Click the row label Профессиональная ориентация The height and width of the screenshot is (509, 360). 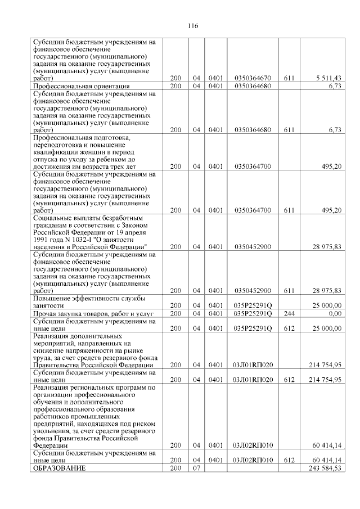[x=82, y=87]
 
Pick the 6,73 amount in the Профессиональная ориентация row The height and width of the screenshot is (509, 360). [x=335, y=87]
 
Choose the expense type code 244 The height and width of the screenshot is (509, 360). [x=289, y=313]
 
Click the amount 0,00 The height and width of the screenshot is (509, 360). [x=335, y=313]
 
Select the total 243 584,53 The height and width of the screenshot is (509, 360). [x=325, y=469]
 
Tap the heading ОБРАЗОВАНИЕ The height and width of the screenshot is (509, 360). [x=59, y=469]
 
